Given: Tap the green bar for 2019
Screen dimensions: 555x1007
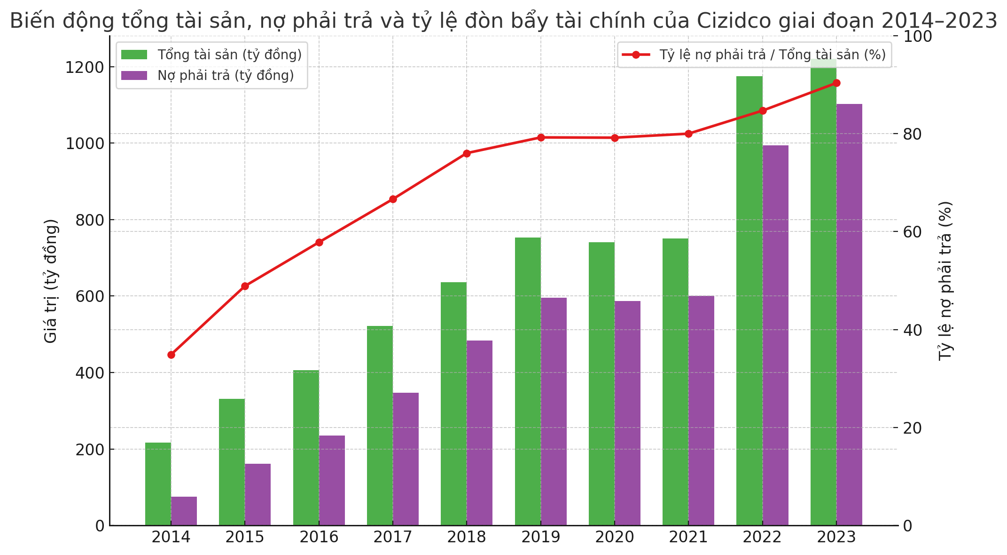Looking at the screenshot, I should pyautogui.click(x=528, y=381).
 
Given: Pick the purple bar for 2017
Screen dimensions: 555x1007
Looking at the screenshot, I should pyautogui.click(x=406, y=459).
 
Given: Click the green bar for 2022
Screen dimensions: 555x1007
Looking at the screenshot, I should pyautogui.click(x=749, y=301).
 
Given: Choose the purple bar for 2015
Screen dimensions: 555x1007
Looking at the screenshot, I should pyautogui.click(x=258, y=494).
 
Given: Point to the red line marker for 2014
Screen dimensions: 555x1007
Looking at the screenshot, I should pyautogui.click(x=171, y=355).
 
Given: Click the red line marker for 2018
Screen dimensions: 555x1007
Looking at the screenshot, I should pyautogui.click(x=467, y=153).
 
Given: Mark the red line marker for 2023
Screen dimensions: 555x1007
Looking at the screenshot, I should pyautogui.click(x=836, y=83).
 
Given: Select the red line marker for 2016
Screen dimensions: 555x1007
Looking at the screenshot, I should pyautogui.click(x=319, y=242).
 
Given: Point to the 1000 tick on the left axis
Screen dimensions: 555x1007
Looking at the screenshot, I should pyautogui.click(x=85, y=143).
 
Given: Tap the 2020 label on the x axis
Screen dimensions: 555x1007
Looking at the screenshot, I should pyautogui.click(x=615, y=537).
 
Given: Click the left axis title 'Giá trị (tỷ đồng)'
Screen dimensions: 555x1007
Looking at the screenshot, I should pyautogui.click(x=50, y=281).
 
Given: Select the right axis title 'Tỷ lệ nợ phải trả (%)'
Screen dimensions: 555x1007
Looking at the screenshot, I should pyautogui.click(x=945, y=281).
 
